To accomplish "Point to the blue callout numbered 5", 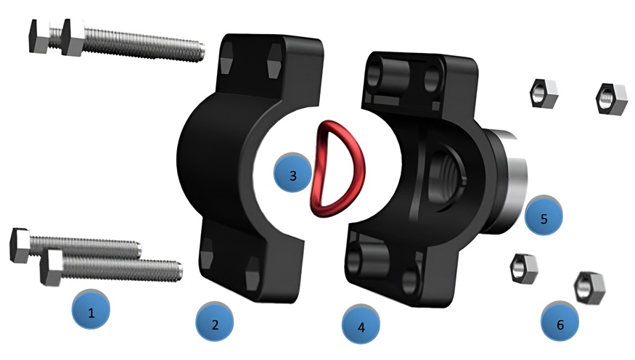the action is (544, 216).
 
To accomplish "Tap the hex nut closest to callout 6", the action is (589, 288).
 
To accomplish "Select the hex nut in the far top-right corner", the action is (612, 99).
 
